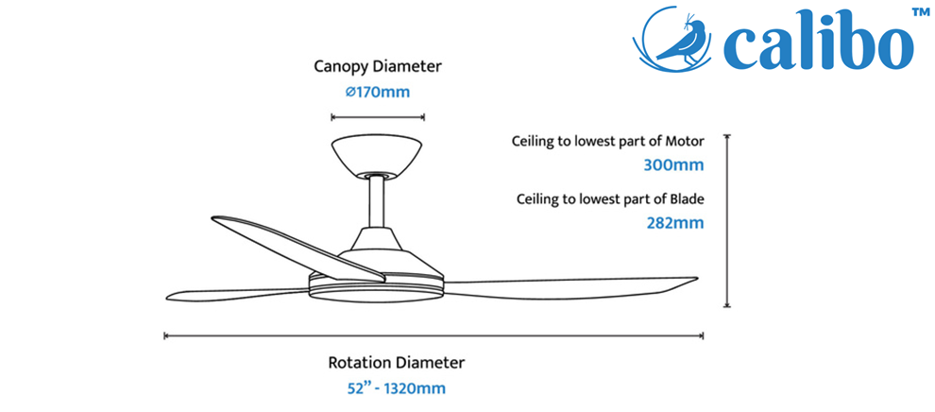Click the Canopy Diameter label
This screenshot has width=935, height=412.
pyautogui.click(x=378, y=66)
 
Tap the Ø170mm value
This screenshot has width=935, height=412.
pyautogui.click(x=378, y=93)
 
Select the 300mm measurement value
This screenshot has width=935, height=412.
pyautogui.click(x=673, y=164)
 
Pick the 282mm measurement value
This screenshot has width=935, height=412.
pyautogui.click(x=675, y=223)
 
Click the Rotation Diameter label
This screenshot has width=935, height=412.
pyautogui.click(x=396, y=362)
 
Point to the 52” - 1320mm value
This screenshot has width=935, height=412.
pyautogui.click(x=397, y=388)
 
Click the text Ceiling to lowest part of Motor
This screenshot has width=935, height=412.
pyautogui.click(x=607, y=142)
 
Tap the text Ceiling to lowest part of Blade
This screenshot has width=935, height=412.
pyautogui.click(x=611, y=199)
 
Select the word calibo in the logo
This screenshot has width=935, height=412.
pyautogui.click(x=818, y=44)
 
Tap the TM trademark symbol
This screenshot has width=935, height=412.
pyautogui.click(x=922, y=12)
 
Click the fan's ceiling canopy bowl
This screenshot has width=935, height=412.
pyautogui.click(x=378, y=156)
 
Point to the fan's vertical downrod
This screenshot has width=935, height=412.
pyautogui.click(x=377, y=202)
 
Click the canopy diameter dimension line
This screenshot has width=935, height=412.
pyautogui.click(x=378, y=117)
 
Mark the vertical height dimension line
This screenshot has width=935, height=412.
pyautogui.click(x=727, y=220)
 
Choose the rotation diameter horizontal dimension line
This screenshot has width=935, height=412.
pyautogui.click(x=434, y=336)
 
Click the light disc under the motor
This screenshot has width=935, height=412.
pyautogui.click(x=376, y=293)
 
